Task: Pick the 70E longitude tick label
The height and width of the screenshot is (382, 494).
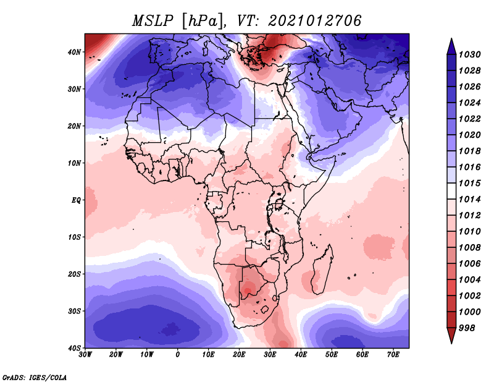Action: pyautogui.click(x=393, y=355)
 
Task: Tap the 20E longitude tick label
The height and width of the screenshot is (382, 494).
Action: pyautogui.click(x=239, y=355)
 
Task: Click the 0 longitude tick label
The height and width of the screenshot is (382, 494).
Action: pyautogui.click(x=178, y=355)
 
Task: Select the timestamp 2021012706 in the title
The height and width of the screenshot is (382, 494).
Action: pyautogui.click(x=315, y=20)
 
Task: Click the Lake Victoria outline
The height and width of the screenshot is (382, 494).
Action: pyautogui.click(x=279, y=203)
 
